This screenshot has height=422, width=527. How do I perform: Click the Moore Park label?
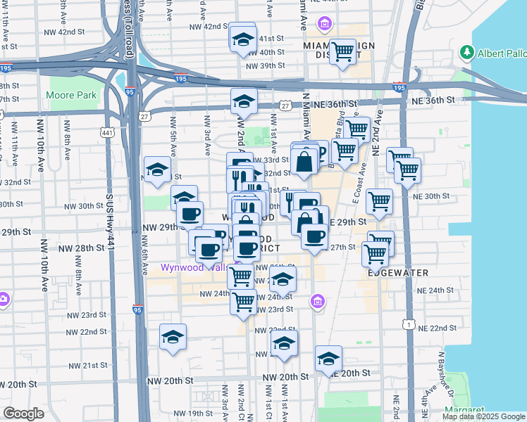pos(70,95)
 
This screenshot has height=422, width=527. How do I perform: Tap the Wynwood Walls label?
pos(191,267)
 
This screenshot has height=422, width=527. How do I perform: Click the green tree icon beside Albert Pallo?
pos(466,53)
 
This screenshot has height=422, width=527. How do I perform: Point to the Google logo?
pos(23,414)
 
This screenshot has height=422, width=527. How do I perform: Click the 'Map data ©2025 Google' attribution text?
pos(483,416)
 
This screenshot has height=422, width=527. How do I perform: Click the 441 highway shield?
pos(106,132)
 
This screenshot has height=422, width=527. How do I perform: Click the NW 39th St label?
pos(263,65)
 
